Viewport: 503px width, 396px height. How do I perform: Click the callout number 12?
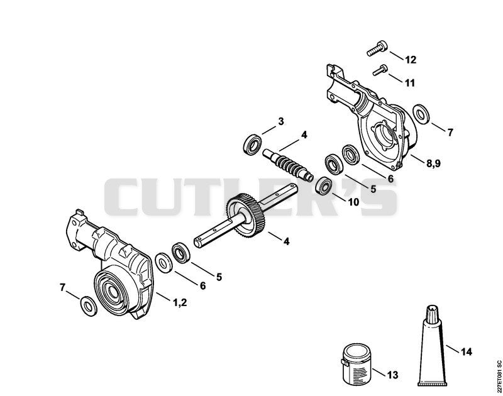[x=411, y=60]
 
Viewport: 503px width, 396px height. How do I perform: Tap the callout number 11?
[x=409, y=83]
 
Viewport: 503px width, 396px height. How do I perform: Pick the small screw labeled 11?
[x=380, y=70]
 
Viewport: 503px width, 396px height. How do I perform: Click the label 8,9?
[x=434, y=163]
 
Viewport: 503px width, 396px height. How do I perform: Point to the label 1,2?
[x=180, y=302]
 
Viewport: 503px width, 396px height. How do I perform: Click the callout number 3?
[x=280, y=121]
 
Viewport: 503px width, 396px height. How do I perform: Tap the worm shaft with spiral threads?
[x=288, y=164]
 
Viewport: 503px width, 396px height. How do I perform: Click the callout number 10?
[x=353, y=202]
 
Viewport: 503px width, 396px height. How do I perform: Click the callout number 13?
[x=392, y=375]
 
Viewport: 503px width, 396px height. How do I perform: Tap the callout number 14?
[x=466, y=352]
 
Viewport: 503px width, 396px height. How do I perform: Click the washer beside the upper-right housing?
[x=421, y=114]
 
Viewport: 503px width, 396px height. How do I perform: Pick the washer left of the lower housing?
[x=88, y=306]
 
